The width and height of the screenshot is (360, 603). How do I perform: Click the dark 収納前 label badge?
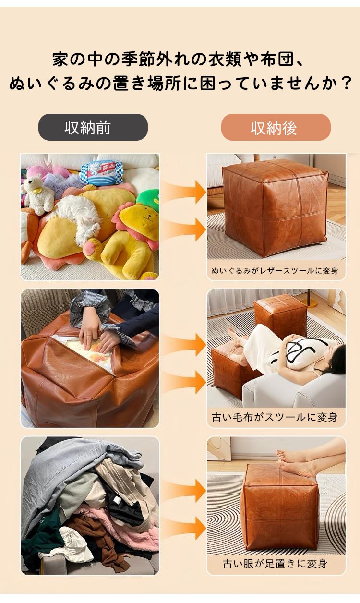click(93, 127)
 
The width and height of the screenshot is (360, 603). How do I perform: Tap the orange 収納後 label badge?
click(276, 127)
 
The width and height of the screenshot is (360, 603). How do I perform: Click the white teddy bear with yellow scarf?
click(38, 195)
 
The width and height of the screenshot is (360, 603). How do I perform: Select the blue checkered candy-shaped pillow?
click(102, 173)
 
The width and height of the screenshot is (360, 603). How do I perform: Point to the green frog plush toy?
click(149, 199)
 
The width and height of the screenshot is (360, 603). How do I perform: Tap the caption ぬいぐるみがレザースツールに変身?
click(275, 271)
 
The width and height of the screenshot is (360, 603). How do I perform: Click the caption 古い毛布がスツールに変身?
click(275, 417)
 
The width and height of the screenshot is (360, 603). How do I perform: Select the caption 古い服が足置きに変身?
click(275, 564)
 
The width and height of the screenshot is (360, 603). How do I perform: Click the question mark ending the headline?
click(346, 83)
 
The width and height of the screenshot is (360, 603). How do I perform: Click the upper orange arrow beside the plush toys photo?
click(184, 192)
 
